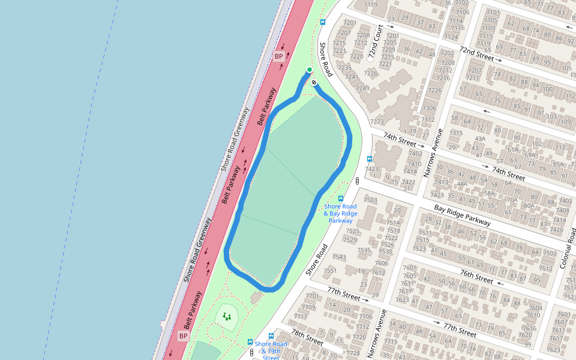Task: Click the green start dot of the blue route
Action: point(310,70)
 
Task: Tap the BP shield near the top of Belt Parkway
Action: point(278,56)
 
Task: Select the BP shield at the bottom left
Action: point(184,336)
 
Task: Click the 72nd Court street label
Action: point(376,41)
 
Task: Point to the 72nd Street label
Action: point(476,54)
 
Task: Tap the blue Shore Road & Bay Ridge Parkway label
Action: point(340,214)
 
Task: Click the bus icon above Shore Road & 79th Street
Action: point(271,337)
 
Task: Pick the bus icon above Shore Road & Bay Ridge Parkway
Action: point(341,199)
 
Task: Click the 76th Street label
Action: point(476,277)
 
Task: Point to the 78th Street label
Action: point(307,336)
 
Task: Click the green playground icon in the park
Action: point(226,316)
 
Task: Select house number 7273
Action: point(377,122)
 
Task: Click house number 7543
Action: point(339,257)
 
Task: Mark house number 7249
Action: point(362,88)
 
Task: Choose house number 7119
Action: point(371,5)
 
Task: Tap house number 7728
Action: point(353,353)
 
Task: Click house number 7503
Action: point(370,200)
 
